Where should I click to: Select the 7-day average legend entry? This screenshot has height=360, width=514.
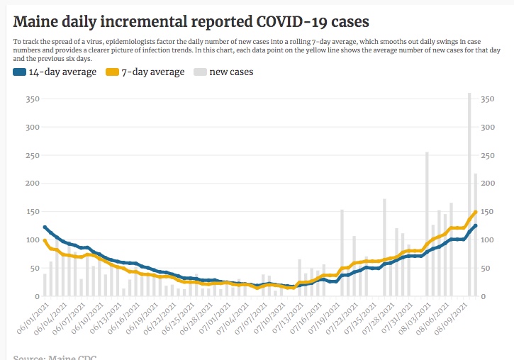click(x=153, y=72)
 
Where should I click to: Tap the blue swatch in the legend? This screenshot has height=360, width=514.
click(x=19, y=72)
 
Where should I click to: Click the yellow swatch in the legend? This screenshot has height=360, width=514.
click(x=111, y=72)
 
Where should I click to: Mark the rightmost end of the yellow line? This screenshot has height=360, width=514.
click(x=476, y=211)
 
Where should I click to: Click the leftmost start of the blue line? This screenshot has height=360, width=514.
click(x=45, y=227)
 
